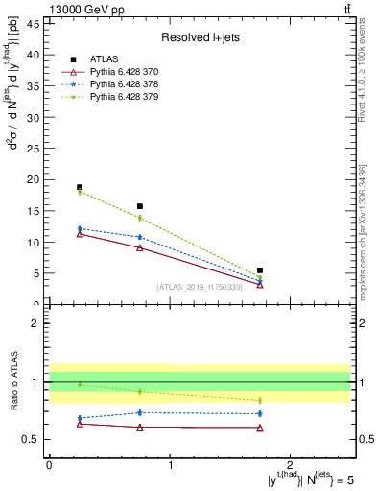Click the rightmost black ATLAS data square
point(260,270)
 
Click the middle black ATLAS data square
point(140,206)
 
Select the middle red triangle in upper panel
point(140,247)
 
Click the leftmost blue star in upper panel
point(80,228)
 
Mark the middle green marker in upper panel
point(140,218)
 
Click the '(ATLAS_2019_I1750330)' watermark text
point(199,287)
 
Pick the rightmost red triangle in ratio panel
point(260,428)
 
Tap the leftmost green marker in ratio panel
point(80,385)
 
